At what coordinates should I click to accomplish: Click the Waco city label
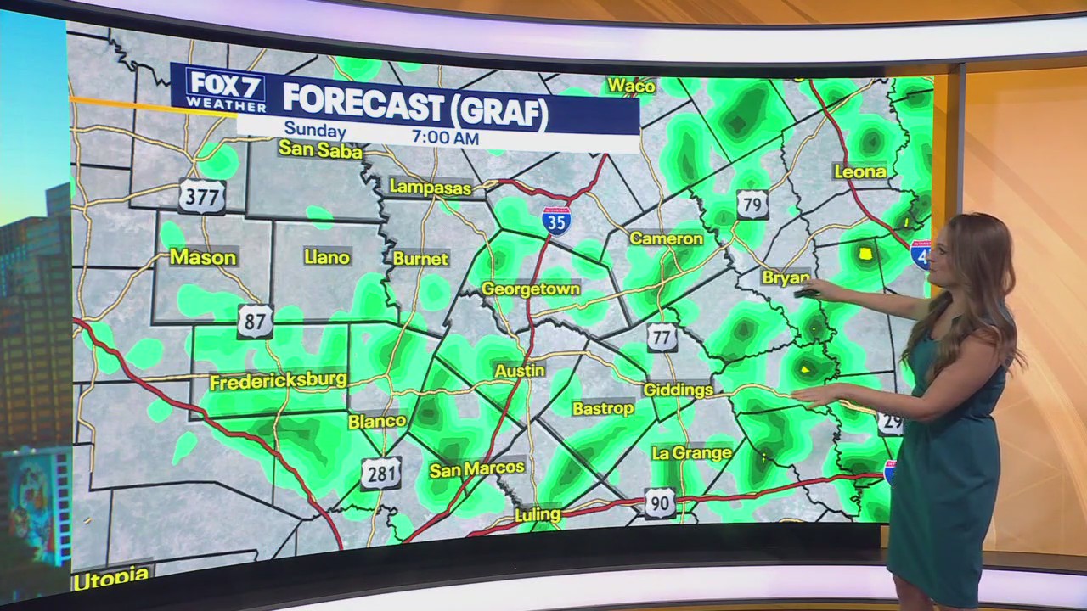coord(631,86)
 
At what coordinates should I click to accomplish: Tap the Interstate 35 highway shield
coord(556,219)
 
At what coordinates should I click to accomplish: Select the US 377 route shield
coord(201,196)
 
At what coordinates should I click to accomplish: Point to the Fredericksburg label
coord(278,381)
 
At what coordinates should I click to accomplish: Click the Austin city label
coord(520,371)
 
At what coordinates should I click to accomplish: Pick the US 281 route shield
coord(380,474)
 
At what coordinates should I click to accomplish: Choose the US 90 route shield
coord(659,503)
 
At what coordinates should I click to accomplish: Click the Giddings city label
coord(678,390)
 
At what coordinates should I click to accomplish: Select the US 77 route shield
coord(662,337)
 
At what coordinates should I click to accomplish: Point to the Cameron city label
coord(666,238)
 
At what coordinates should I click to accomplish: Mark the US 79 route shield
coord(752,205)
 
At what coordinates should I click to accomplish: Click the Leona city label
coord(860,171)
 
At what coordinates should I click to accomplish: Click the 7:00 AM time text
coord(445,137)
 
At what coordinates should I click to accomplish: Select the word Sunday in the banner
coord(315,132)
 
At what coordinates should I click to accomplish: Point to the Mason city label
coord(203,257)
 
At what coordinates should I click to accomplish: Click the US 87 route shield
coord(255,321)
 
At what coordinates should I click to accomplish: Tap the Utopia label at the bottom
coord(111,579)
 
